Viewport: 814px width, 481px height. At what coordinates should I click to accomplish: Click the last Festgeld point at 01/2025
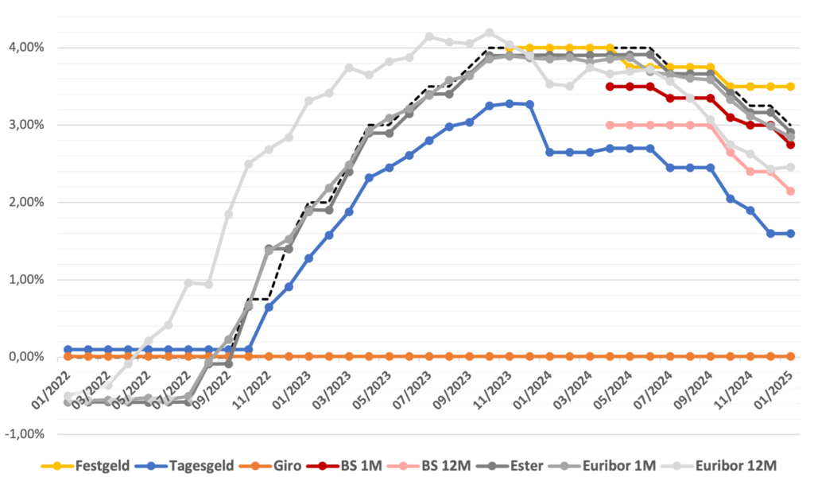click(791, 87)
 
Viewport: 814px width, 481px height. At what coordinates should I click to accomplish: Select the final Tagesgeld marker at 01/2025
click(791, 234)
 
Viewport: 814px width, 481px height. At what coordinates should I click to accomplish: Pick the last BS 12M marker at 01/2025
click(791, 191)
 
